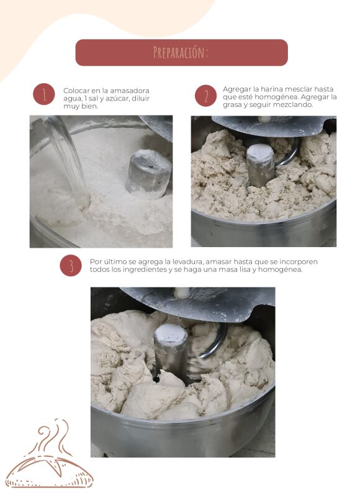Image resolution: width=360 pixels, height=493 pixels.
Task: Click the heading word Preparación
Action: point(181,53)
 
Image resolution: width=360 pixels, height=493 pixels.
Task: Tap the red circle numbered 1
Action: point(44,94)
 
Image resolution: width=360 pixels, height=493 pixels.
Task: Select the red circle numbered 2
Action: point(205,96)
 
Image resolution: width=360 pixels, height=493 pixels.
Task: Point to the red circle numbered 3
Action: point(71,265)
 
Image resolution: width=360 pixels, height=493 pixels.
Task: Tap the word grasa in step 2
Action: point(232,105)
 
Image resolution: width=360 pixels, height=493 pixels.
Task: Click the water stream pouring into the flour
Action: point(66,154)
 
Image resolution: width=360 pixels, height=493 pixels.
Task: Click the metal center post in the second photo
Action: point(260,165)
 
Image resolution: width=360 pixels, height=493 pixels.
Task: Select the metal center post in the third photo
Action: point(171,351)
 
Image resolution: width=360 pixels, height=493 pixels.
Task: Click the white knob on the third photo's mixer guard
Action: point(182,292)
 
